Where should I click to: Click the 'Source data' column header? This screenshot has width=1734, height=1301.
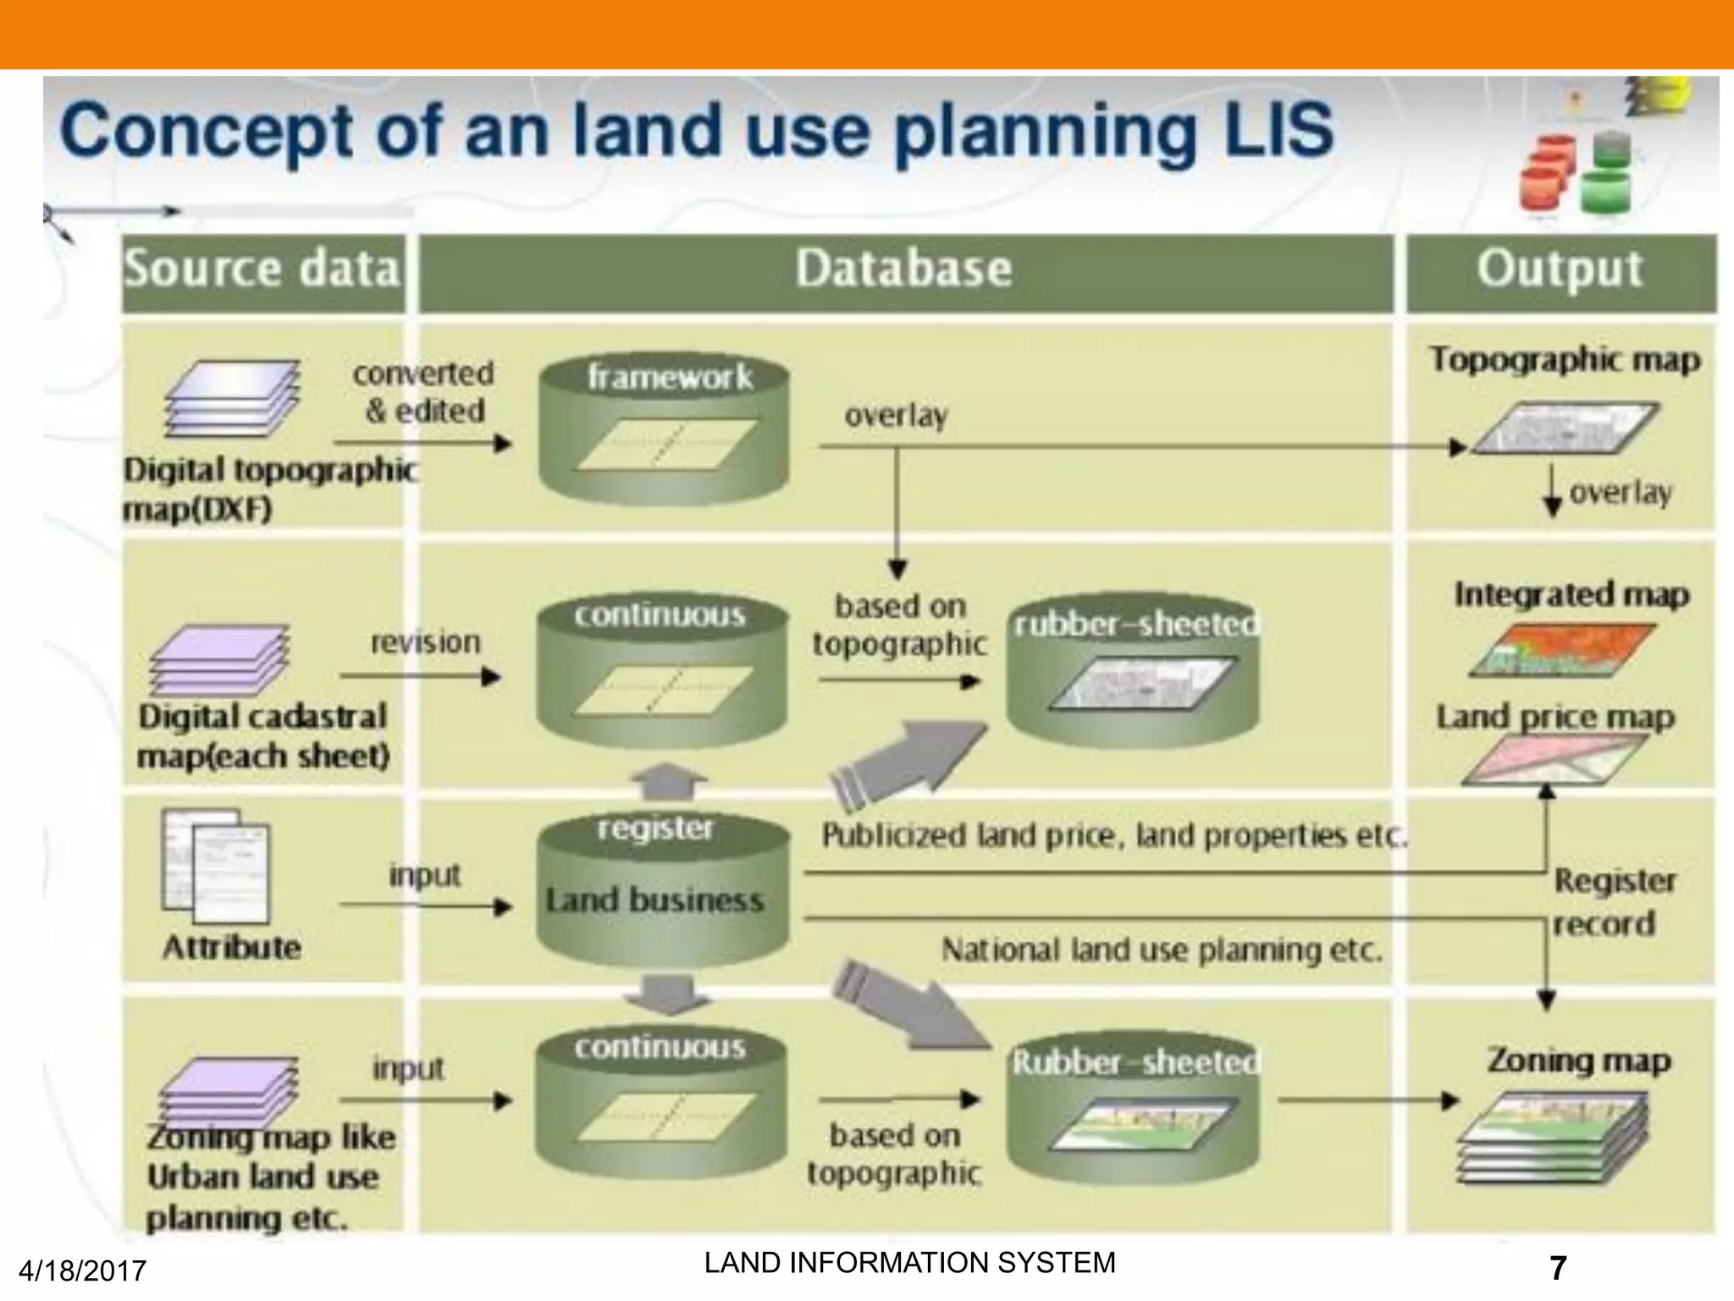[x=262, y=270]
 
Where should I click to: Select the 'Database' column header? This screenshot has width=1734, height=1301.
[x=903, y=270]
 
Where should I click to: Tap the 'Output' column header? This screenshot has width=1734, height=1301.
[x=1560, y=270]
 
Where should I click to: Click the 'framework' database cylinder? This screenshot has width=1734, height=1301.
[x=665, y=428]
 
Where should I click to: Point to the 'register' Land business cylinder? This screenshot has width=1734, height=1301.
[x=663, y=889]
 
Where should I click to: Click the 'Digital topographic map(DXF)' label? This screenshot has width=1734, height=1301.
[x=268, y=490]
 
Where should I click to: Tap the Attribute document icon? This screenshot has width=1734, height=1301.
[x=217, y=866]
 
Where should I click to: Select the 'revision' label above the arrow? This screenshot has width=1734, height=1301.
[x=425, y=642]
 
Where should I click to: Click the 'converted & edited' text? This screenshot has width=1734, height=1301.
[x=424, y=392]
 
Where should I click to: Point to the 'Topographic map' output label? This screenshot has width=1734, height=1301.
[x=1565, y=360]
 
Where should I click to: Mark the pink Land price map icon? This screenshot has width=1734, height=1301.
[x=1555, y=758]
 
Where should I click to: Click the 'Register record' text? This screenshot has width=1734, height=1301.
[x=1613, y=902]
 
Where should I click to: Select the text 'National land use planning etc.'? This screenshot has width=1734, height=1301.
[x=1162, y=950]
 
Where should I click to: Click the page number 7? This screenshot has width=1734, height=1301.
[x=1557, y=1268]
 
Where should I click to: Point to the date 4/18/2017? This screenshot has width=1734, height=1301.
[x=82, y=1271]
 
